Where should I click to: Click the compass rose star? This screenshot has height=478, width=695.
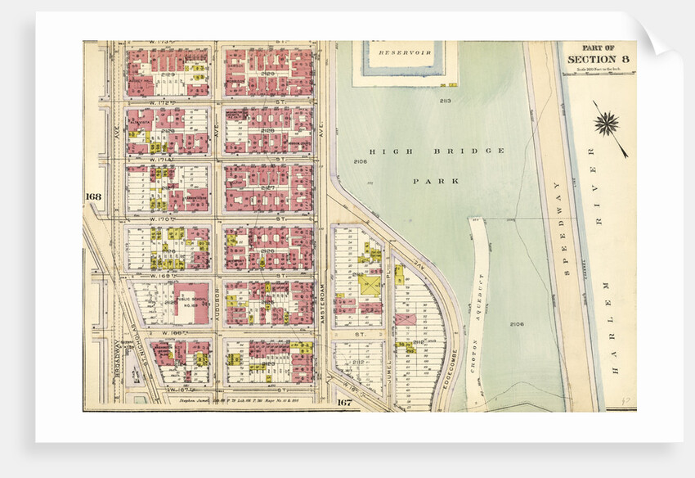click(x=607, y=124)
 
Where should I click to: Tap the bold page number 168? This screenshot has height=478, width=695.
click(x=93, y=196)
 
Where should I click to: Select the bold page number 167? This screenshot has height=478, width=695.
click(x=345, y=402)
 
